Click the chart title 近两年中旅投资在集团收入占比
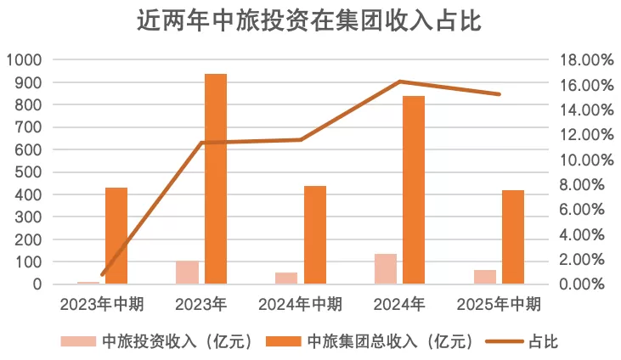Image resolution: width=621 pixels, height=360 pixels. [309, 21]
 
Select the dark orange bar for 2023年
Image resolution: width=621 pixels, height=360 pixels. [216, 178]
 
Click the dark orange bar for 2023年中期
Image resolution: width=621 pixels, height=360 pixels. [116, 235]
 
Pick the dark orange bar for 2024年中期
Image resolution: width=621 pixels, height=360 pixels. [315, 234]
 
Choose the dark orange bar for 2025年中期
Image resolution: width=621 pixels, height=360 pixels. [513, 237]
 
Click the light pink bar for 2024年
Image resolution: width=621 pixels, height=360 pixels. [386, 268]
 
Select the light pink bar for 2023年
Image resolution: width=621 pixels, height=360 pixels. [187, 272]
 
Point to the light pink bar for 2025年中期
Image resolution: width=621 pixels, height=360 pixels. [485, 277]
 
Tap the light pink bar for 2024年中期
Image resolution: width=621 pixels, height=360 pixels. [286, 278]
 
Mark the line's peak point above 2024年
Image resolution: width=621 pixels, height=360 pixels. [399, 82]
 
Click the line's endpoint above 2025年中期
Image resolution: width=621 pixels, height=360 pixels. [499, 94]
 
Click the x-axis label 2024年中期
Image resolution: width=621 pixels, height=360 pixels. [300, 303]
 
